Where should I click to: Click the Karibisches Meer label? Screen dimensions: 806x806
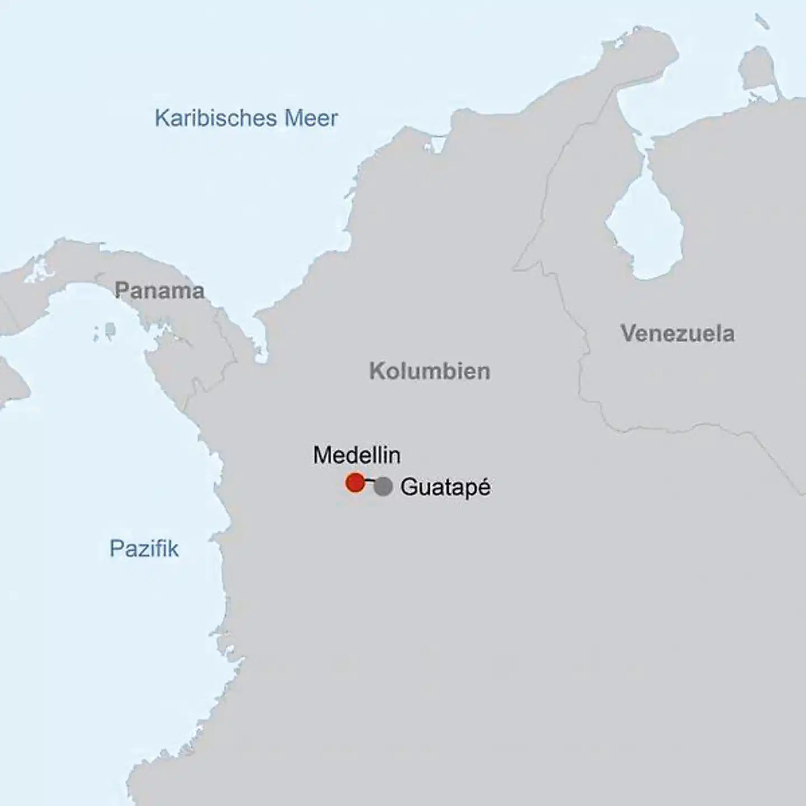pyautogui.click(x=246, y=118)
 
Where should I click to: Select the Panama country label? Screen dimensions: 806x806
pyautogui.click(x=160, y=291)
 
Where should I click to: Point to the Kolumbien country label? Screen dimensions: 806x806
pyautogui.click(x=429, y=371)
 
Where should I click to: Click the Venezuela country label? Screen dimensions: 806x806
pyautogui.click(x=677, y=334)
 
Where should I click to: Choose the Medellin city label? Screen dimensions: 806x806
pyautogui.click(x=357, y=455)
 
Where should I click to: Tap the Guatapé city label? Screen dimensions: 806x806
pyautogui.click(x=446, y=487)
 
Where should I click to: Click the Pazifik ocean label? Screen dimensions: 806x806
pyautogui.click(x=144, y=549)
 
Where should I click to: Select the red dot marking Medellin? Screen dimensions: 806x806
pyautogui.click(x=355, y=482)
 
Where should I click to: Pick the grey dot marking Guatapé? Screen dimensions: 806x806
pyautogui.click(x=383, y=486)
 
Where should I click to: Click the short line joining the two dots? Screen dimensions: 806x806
pyautogui.click(x=370, y=481)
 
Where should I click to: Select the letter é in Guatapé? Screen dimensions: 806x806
pyautogui.click(x=483, y=487)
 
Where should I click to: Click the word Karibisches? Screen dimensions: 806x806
pyautogui.click(x=216, y=118)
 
